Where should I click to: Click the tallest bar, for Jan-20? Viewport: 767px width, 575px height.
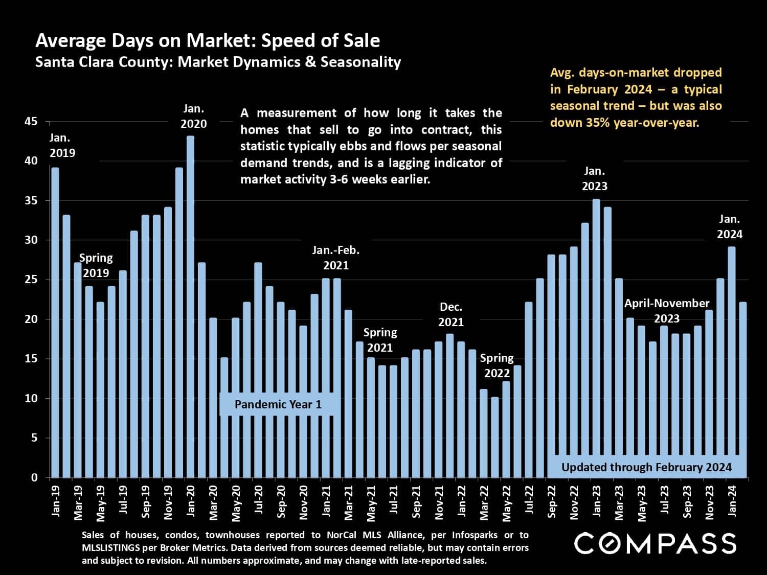click(190, 307)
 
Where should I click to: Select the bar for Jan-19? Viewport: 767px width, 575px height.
click(55, 322)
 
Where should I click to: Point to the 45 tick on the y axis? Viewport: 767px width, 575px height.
click(31, 122)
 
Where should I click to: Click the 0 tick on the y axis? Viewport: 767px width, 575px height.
click(34, 478)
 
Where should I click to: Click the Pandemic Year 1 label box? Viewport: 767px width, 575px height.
click(278, 404)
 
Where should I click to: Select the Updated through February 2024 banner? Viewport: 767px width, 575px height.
click(646, 467)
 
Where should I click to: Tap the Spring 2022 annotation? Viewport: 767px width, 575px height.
click(497, 365)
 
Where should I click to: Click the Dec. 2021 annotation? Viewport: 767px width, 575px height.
click(451, 314)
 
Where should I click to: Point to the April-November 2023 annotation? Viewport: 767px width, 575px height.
click(667, 311)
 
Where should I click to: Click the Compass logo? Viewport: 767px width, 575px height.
click(655, 543)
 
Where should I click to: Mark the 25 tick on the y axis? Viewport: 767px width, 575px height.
click(31, 280)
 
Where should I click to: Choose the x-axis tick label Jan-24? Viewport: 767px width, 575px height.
click(732, 501)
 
